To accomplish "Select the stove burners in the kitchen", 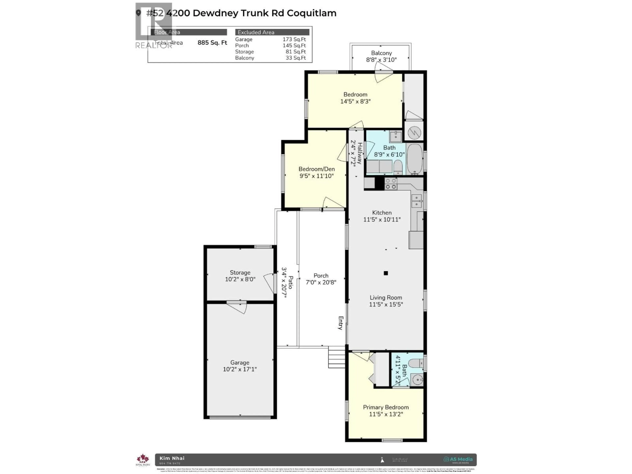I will [x=391, y=184].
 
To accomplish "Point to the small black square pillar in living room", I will [x=386, y=273].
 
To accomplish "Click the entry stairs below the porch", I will [x=337, y=357].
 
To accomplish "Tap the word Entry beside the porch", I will [x=341, y=323].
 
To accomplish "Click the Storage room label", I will [x=240, y=273].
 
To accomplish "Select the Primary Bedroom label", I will [x=386, y=407].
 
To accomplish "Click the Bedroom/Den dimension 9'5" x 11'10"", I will [x=316, y=176].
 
